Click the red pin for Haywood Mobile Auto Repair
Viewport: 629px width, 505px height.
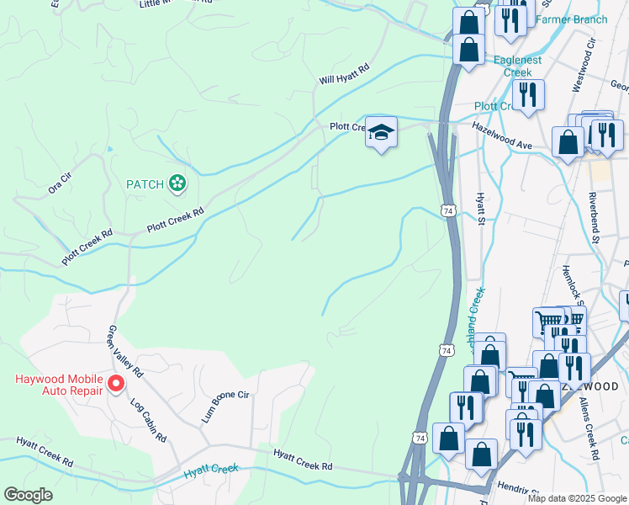[x=116, y=384]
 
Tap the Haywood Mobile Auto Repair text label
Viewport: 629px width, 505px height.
[x=57, y=384]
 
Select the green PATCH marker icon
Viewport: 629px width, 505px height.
[x=177, y=183]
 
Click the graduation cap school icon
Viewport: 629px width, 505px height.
[x=381, y=132]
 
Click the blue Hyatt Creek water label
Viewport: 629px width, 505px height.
[x=212, y=473]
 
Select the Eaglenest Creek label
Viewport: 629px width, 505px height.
[x=513, y=66]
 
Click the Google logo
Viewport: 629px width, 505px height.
[x=28, y=495]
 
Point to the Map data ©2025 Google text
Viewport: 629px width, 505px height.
[x=577, y=498]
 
